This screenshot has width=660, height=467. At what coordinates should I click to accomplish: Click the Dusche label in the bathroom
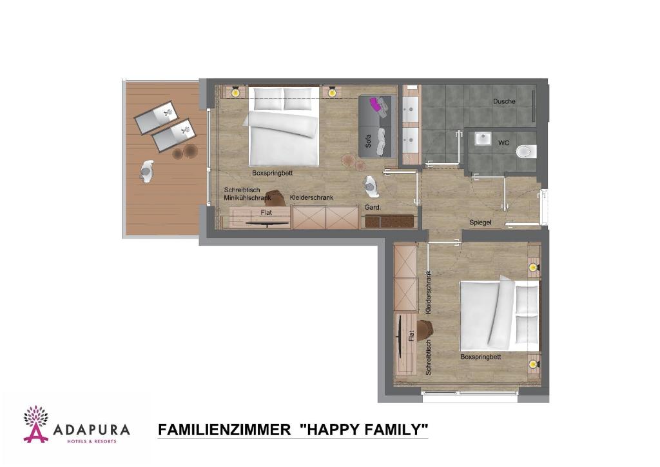pyautogui.click(x=504, y=101)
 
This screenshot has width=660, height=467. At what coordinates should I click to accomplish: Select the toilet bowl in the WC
pyautogui.click(x=526, y=152)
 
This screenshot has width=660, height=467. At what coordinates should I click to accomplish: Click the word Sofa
pyautogui.click(x=369, y=142)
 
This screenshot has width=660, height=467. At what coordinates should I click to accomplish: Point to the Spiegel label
pyautogui.click(x=481, y=222)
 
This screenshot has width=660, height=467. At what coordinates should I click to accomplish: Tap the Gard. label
pyautogui.click(x=373, y=207)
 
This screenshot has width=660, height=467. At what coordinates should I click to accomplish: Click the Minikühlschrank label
pyautogui.click(x=247, y=198)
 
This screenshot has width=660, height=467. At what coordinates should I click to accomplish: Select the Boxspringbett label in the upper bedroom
pyautogui.click(x=273, y=173)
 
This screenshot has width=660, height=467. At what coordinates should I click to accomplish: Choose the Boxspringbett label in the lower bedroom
pyautogui.click(x=480, y=357)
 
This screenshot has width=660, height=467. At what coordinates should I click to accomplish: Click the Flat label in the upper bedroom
pyautogui.click(x=266, y=212)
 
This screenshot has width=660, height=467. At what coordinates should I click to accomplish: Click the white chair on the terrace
pyautogui.click(x=146, y=171)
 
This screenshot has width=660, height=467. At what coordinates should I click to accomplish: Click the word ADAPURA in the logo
pyautogui.click(x=91, y=429)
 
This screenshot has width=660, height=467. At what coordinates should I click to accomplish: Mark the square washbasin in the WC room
pyautogui.click(x=483, y=139)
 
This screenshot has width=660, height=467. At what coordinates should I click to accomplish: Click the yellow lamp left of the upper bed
pyautogui.click(x=236, y=92)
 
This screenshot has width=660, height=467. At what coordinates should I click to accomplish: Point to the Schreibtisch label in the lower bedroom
pyautogui.click(x=428, y=358)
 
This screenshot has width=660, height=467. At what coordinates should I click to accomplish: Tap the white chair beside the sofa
pyautogui.click(x=371, y=185)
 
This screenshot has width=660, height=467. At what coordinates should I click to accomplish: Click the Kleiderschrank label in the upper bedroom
pyautogui.click(x=311, y=197)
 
